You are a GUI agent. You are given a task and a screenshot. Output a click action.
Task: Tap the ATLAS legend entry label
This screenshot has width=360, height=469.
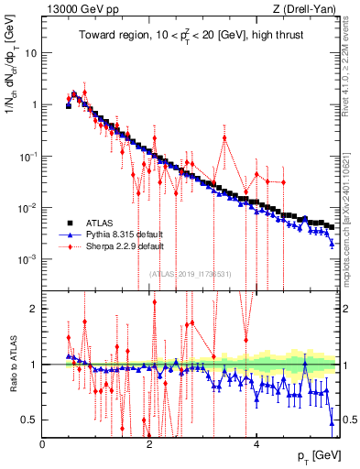point(102,223)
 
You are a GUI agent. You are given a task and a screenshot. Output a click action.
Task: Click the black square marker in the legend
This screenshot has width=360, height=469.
point(69,223)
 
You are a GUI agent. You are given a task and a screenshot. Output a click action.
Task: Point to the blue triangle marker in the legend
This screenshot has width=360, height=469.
point(69,234)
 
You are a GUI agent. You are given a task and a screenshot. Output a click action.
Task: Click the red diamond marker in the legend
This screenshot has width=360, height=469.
point(69,246)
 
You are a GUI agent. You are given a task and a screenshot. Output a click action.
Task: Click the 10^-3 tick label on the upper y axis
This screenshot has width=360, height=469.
point(29,259)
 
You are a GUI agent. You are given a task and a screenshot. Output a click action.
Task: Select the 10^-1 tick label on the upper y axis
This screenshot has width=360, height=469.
point(29,157)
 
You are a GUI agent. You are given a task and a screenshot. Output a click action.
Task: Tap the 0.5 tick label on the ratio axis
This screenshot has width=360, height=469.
point(30,420)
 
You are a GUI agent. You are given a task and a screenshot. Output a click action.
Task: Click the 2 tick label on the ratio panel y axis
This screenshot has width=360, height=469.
point(35,309)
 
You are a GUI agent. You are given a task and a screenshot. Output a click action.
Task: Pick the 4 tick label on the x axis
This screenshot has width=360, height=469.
point(256,444)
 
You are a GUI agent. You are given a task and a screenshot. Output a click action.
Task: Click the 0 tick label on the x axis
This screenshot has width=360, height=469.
point(43,444)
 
